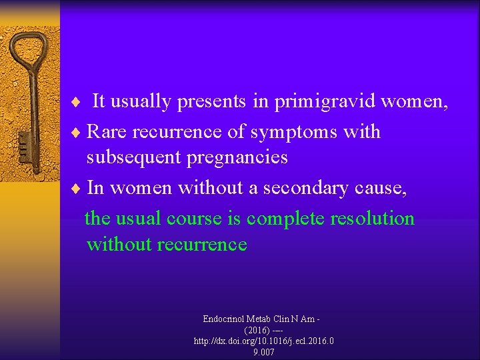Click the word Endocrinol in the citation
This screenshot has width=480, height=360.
226,319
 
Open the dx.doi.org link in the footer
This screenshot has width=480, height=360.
263,341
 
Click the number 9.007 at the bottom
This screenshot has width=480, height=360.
263,352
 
